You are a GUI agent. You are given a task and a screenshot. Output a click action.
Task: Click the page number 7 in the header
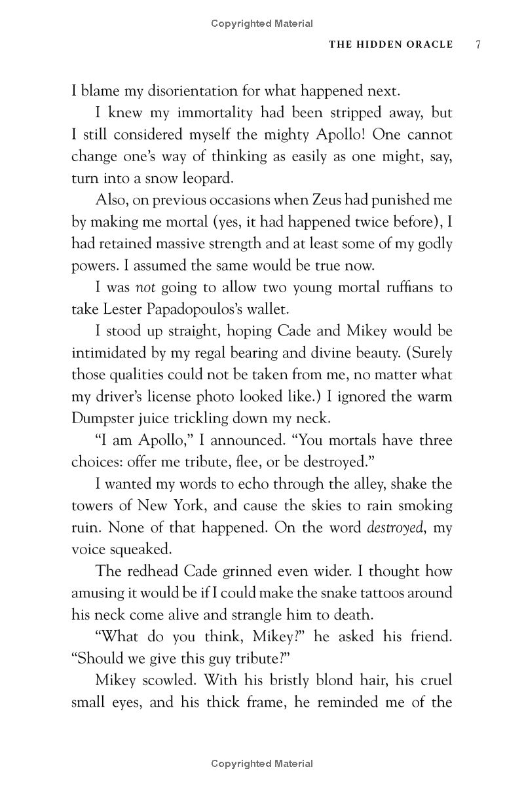[x=479, y=45]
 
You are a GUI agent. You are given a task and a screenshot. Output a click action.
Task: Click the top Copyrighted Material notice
[x=262, y=24]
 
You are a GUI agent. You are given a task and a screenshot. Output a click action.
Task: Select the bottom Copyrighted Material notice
[x=262, y=763]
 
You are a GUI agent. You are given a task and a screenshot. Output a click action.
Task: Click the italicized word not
[x=144, y=288]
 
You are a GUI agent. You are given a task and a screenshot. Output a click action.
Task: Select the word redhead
[x=150, y=572]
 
